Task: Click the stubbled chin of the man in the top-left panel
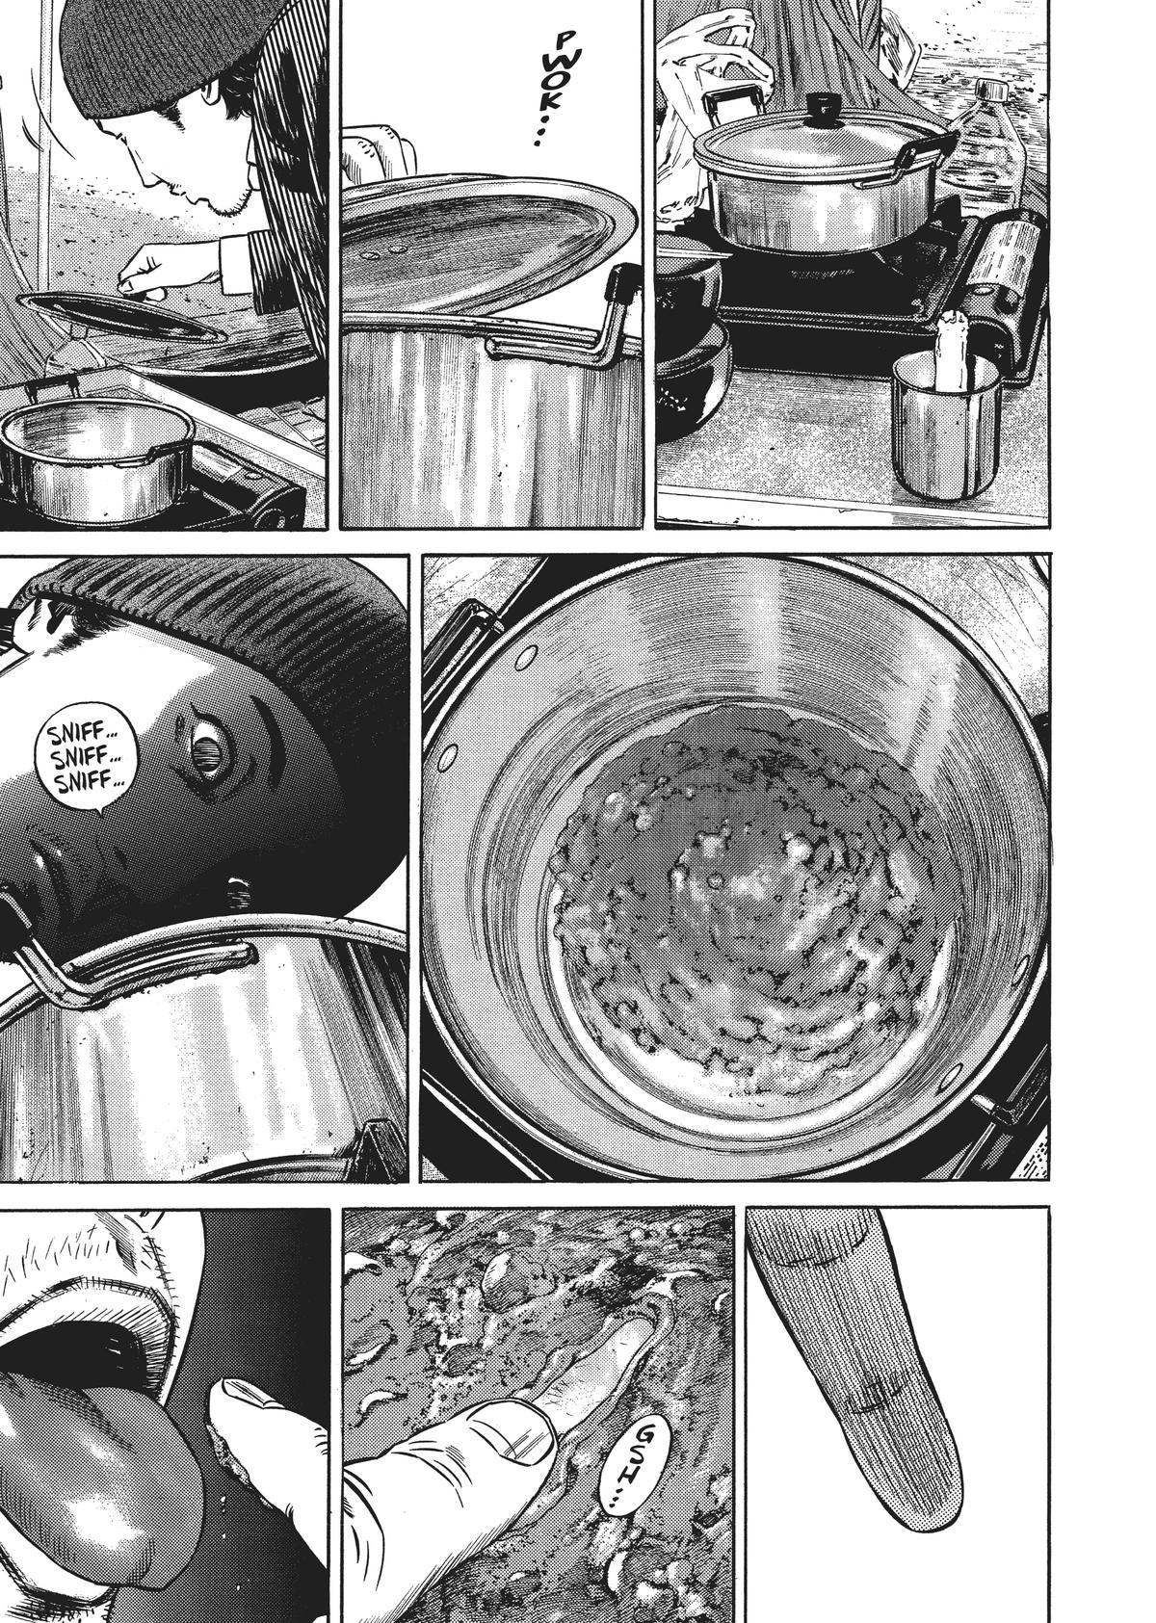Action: click(218, 203)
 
